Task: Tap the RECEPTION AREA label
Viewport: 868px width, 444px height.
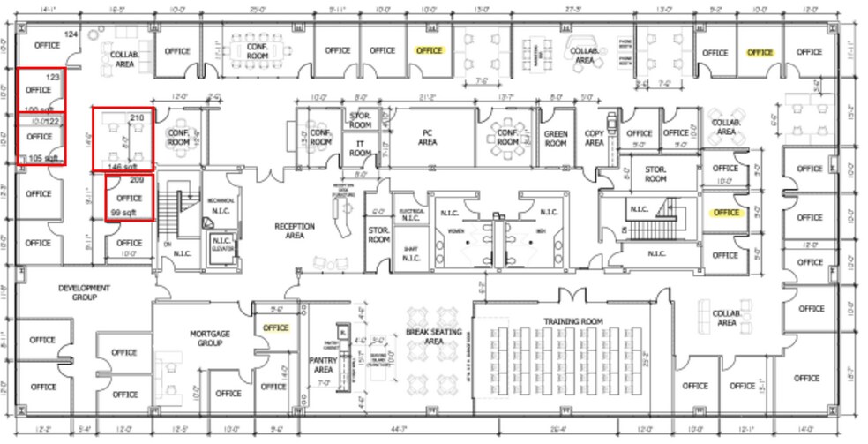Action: coord(295,230)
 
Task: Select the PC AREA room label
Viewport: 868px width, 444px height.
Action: coord(428,137)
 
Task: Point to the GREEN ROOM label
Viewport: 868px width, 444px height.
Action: coord(556,138)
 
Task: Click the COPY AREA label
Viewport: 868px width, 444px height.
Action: coord(595,138)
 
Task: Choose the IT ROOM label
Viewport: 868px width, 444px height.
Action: coord(360,147)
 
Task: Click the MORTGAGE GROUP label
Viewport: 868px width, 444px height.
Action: coord(210,338)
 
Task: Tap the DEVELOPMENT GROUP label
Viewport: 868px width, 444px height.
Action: coord(85,292)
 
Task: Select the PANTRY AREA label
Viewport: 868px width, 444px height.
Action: coord(321,364)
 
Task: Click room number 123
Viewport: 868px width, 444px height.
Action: coord(53,78)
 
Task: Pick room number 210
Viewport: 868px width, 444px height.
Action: coord(137,117)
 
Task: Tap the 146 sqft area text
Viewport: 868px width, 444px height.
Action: coord(123,165)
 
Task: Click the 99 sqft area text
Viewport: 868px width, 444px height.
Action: coord(123,213)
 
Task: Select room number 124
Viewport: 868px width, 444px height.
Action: coord(71,34)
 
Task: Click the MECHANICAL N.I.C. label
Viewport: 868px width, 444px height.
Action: coord(221,205)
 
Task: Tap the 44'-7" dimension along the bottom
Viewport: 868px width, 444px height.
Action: coord(432,431)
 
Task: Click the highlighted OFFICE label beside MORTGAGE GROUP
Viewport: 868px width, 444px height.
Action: coord(276,328)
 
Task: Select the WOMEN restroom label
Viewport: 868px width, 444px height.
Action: coord(456,232)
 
